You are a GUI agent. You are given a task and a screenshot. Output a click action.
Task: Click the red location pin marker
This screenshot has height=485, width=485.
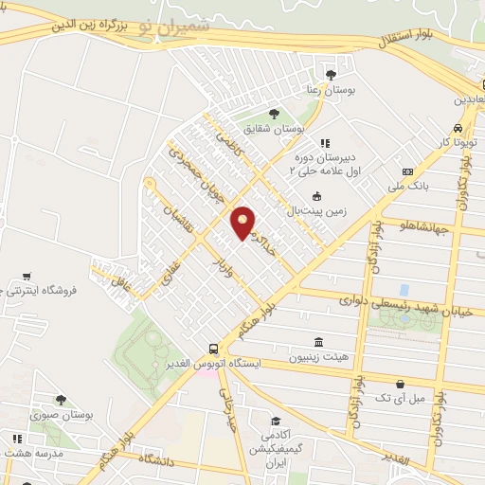(243, 224)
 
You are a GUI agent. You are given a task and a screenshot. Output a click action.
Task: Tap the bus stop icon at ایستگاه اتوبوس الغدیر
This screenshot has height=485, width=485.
(215, 349)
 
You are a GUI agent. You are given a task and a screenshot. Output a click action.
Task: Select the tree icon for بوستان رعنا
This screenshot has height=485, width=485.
(330, 73)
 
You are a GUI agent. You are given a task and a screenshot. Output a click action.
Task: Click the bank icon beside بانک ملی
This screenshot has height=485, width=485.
(407, 171)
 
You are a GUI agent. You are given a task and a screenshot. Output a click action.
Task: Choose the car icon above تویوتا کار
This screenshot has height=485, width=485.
(458, 127)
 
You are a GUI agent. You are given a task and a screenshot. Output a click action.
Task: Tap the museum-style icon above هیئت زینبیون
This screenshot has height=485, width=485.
(315, 341)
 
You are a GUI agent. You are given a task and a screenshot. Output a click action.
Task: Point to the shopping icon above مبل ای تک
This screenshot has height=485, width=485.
(401, 383)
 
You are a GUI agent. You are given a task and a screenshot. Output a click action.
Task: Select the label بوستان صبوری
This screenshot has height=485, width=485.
(61, 415)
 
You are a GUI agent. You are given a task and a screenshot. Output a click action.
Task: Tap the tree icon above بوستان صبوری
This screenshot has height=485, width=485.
(62, 400)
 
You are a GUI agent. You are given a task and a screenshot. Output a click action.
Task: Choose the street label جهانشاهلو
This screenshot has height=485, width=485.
(427, 226)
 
